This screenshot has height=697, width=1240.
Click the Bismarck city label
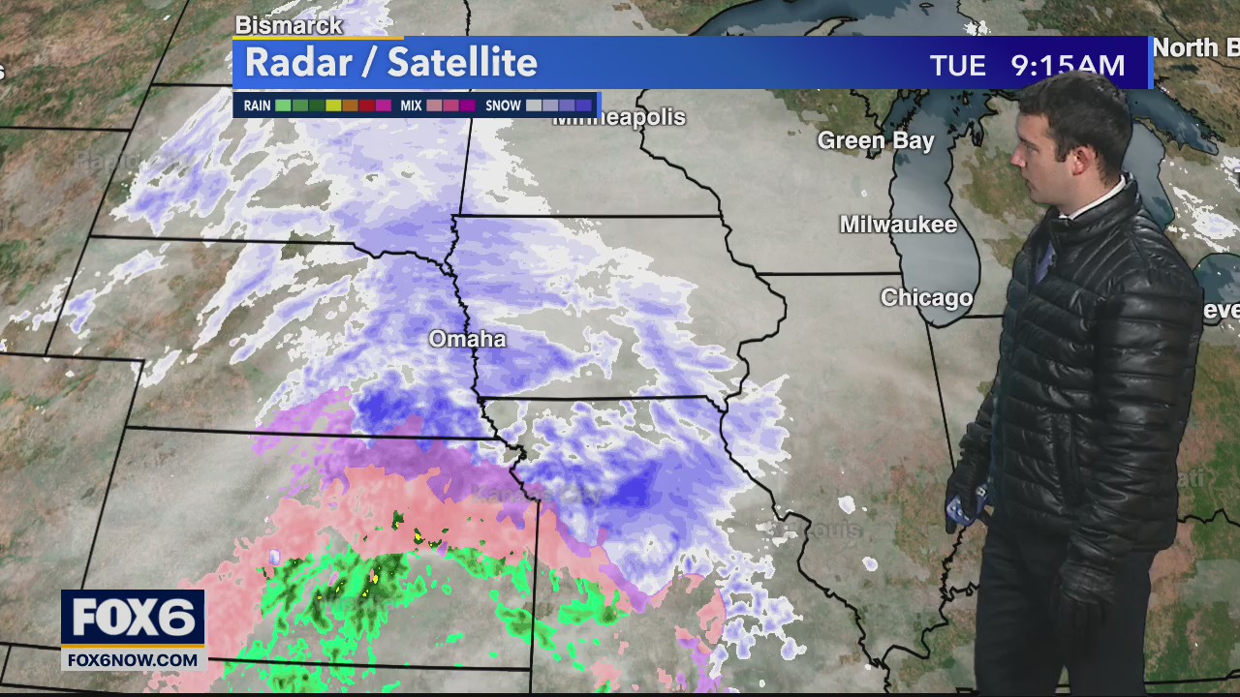289,25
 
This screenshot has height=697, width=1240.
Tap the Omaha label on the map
467,339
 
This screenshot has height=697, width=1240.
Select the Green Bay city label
876,140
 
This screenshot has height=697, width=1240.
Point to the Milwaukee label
898,225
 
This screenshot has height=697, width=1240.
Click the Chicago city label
926,297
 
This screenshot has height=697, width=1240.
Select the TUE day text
957,66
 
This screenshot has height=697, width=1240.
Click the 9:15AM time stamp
1068,66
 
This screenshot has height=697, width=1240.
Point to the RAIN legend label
257,106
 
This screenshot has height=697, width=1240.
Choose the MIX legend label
411,106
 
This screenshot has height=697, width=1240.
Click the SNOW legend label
503,106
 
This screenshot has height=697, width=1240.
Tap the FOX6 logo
133,617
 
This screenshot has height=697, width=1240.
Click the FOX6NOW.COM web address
133,660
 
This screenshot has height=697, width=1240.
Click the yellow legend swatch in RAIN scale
333,106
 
